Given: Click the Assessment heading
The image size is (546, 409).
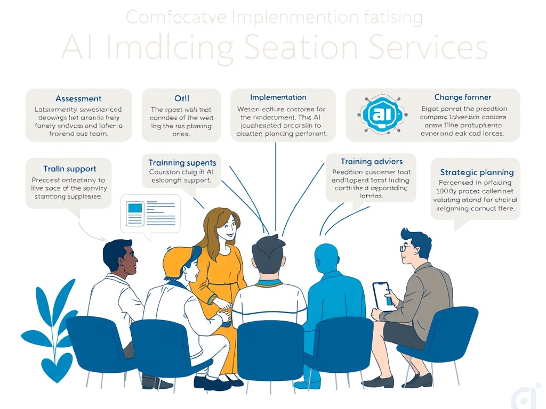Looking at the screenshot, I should pyautogui.click(x=78, y=99).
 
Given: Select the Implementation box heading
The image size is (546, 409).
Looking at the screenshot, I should pyautogui.click(x=278, y=97).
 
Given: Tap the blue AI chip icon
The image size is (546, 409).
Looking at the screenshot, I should pyautogui.click(x=380, y=114).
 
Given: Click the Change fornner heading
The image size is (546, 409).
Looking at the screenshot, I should pyautogui.click(x=463, y=97).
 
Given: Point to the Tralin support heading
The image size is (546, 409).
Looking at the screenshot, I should pyautogui.click(x=70, y=169).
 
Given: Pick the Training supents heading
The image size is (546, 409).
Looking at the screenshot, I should pyautogui.click(x=182, y=162).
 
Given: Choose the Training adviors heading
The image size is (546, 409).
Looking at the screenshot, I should pyautogui.click(x=372, y=161).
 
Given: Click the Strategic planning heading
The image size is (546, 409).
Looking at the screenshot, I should pyautogui.click(x=477, y=172).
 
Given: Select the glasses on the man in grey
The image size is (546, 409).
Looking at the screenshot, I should pyautogui.click(x=406, y=248).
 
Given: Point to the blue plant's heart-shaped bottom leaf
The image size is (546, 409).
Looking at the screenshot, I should pyautogui.click(x=57, y=368).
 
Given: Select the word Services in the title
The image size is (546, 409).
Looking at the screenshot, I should pyautogui.click(x=427, y=47).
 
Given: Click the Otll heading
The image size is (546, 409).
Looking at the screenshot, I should pyautogui.click(x=182, y=99).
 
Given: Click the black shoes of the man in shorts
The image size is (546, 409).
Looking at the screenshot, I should pyautogui.click(x=396, y=381).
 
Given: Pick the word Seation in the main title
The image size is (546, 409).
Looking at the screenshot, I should pyautogui.click(x=301, y=47).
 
